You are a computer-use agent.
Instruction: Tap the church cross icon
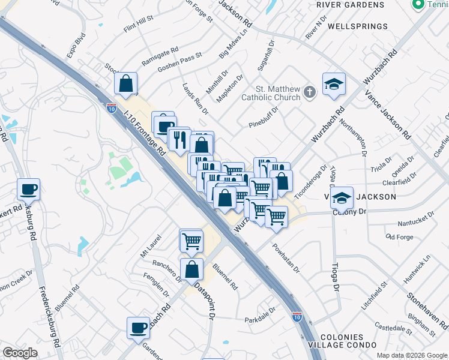pyautogui.click(x=309, y=92)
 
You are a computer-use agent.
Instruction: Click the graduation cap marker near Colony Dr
pyautogui.click(x=342, y=197)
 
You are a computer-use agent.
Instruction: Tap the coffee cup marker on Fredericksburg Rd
pyautogui.click(x=28, y=190)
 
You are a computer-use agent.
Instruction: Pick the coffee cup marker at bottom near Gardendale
pyautogui.click(x=138, y=328)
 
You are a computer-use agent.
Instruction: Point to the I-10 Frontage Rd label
pyautogui.click(x=144, y=133)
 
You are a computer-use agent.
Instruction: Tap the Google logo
pyautogui.click(x=20, y=353)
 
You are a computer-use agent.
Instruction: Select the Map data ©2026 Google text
pyautogui.click(x=411, y=355)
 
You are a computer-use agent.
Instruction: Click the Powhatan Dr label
pyautogui.click(x=285, y=257)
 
